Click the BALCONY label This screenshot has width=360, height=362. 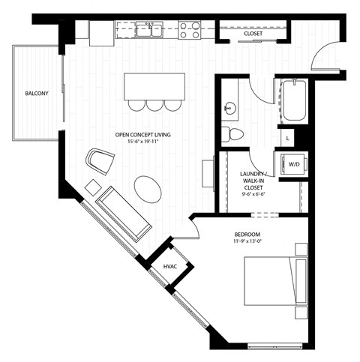[x=37, y=94]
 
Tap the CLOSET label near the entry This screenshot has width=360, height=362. [x=253, y=34]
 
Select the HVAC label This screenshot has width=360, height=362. [x=170, y=266]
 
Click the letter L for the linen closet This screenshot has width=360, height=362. [x=289, y=137]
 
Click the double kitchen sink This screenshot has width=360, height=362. [x=147, y=31]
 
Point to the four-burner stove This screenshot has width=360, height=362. [x=190, y=30]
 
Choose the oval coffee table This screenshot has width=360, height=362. [x=148, y=188]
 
